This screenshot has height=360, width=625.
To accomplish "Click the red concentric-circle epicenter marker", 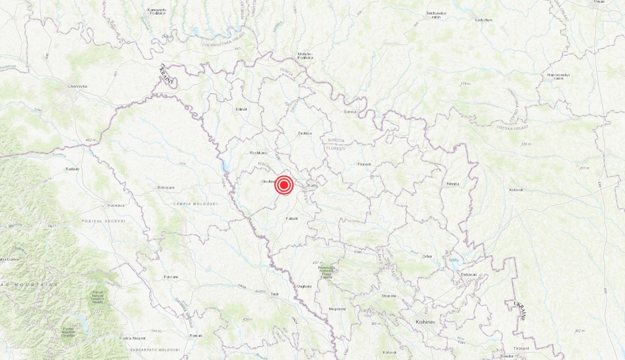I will coord(284,185).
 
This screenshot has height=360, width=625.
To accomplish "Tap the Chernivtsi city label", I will coord(77,86).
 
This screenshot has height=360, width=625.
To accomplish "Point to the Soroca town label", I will coord(350,112).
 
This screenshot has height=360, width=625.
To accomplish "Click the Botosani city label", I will coord(166,188).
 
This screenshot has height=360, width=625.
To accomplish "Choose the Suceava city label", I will coord(116,206).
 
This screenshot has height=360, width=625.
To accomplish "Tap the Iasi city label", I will coord(274,294).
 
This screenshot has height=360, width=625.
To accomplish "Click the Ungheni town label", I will coord(304,286).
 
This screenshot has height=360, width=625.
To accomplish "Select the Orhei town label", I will coord(427,256).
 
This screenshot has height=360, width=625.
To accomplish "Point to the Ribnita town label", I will coord(453,184).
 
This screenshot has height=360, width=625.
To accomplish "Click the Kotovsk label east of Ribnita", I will coord(516,190).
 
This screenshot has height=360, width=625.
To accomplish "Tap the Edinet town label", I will coord(241,109).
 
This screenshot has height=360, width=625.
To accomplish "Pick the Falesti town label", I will coord(292,218).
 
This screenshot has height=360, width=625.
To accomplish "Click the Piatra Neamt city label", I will coord(133,338).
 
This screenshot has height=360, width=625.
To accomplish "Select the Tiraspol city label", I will coord(521,348).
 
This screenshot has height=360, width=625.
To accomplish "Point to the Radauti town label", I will coord(72,169).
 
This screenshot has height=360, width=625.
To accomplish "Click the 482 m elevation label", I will coord(91,140).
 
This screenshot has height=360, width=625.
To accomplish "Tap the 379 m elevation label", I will coord(465,84).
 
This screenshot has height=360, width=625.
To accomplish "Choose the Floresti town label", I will coord(364,164).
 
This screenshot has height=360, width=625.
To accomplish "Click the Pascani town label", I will coord(171,277).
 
